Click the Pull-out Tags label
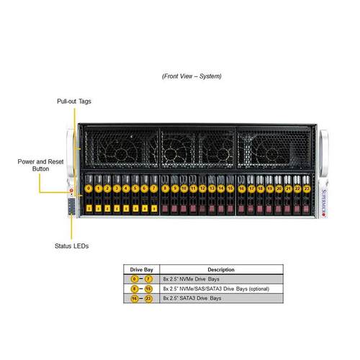(x=73, y=102)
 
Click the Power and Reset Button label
(x=41, y=165)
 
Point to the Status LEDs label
(x=72, y=246)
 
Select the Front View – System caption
(x=192, y=76)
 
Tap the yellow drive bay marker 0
(x=88, y=188)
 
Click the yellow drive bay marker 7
(x=154, y=188)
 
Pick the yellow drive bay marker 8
(x=166, y=188)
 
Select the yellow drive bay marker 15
(x=230, y=188)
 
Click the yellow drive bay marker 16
(x=241, y=188)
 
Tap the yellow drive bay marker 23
(x=307, y=188)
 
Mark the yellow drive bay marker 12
(x=203, y=188)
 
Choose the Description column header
(x=221, y=270)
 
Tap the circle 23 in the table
(x=148, y=298)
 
